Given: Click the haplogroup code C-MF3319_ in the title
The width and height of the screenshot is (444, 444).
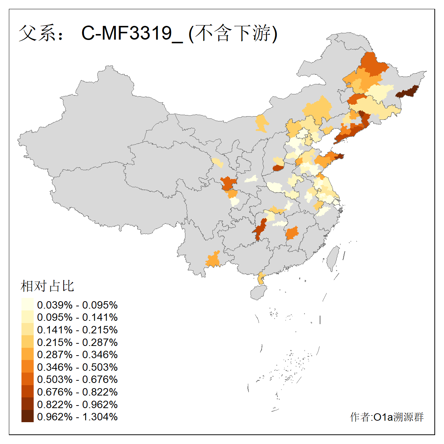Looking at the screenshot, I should [x=132, y=33].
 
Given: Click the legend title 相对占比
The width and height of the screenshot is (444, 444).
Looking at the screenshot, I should [x=47, y=286].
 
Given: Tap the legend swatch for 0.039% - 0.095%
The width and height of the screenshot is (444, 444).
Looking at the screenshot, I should [x=27, y=305].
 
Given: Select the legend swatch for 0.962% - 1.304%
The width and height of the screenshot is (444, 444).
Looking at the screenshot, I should [x=27, y=417].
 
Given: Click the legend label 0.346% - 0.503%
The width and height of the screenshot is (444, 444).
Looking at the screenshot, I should [x=77, y=367].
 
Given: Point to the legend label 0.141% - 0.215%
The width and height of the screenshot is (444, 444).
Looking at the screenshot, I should [x=77, y=330].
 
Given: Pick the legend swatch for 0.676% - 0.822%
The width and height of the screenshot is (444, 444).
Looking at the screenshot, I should [x=27, y=392].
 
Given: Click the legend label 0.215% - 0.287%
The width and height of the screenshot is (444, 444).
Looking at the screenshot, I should [x=77, y=342].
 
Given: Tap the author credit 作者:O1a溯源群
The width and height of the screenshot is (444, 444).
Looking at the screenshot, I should [x=387, y=417].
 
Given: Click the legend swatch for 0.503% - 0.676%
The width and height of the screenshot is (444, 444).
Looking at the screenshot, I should [x=27, y=379].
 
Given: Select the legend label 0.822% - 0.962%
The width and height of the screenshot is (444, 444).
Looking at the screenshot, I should [x=77, y=404].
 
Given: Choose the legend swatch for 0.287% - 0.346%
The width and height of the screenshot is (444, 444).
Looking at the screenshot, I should [x=27, y=354].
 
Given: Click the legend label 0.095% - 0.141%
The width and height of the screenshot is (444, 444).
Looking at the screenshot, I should [x=77, y=317].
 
